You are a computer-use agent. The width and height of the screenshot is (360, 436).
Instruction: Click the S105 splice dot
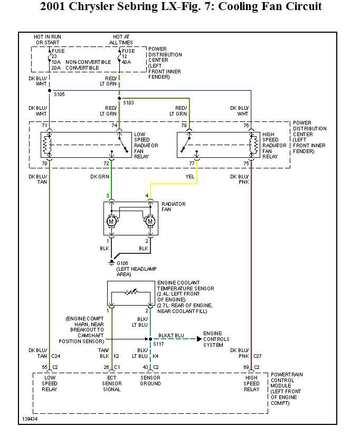(x=49, y=90)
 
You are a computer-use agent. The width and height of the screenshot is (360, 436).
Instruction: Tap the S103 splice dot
(x=119, y=98)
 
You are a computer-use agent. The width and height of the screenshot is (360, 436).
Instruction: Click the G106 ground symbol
(x=111, y=261)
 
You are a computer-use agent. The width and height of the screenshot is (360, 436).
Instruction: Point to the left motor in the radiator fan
(x=111, y=221)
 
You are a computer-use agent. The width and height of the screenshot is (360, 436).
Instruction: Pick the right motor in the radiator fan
(x=150, y=221)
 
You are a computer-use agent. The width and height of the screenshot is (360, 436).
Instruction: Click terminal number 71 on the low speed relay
(x=45, y=125)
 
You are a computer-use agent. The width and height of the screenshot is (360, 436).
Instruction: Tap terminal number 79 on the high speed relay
(x=184, y=125)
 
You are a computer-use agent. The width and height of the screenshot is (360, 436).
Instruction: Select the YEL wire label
(x=190, y=177)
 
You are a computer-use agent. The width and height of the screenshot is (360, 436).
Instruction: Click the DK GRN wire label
(x=100, y=177)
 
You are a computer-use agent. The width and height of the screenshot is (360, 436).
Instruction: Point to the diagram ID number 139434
(x=30, y=419)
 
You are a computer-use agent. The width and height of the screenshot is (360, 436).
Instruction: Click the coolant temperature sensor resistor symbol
(x=130, y=291)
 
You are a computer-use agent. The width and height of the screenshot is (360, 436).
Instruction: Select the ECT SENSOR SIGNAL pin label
(x=111, y=384)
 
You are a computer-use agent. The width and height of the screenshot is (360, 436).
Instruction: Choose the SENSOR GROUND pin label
(x=150, y=381)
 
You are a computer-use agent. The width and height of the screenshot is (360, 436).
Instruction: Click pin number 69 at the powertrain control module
(x=245, y=366)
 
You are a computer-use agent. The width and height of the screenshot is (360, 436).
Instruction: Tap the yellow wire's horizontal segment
(x=174, y=184)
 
